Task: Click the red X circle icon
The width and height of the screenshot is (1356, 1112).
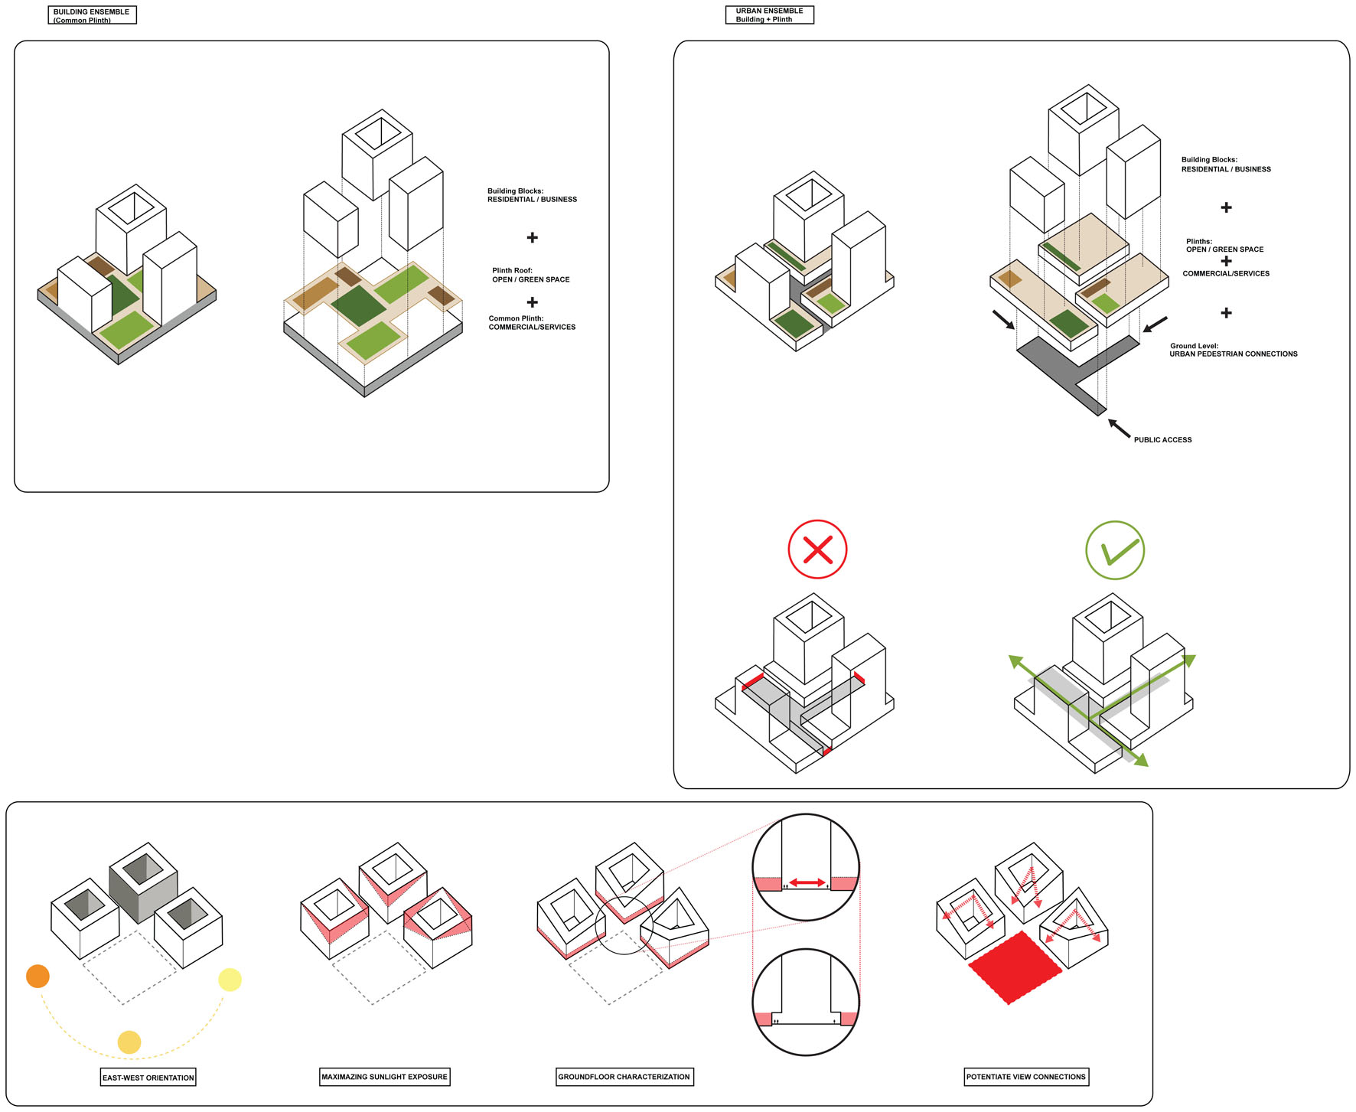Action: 817,549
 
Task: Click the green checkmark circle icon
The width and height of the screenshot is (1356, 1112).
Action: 1115,549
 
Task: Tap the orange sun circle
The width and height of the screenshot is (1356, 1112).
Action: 37,976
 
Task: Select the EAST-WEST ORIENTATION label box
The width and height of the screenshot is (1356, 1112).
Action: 148,1077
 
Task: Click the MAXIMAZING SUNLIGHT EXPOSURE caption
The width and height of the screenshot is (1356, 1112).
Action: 384,1076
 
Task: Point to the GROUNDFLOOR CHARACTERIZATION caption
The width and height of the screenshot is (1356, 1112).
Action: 624,1076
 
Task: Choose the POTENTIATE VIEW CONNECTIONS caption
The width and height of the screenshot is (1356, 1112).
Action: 1025,1076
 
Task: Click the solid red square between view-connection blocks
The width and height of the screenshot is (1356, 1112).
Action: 1015,967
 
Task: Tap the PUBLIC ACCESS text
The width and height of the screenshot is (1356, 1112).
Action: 1162,439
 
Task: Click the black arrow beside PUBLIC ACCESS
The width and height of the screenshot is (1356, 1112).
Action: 1120,429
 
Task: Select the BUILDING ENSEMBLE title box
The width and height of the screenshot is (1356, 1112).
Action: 92,15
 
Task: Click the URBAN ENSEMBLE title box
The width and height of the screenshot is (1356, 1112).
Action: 769,15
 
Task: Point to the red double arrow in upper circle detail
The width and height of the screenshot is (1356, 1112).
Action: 807,882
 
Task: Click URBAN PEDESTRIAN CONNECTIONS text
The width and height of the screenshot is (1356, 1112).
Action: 1233,354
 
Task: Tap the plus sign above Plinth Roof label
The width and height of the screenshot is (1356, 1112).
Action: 532,237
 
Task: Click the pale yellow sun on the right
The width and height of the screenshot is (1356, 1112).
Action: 230,979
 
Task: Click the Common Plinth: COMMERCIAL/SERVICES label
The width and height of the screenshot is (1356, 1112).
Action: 532,322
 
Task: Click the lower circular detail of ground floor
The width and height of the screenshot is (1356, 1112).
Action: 806,1003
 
